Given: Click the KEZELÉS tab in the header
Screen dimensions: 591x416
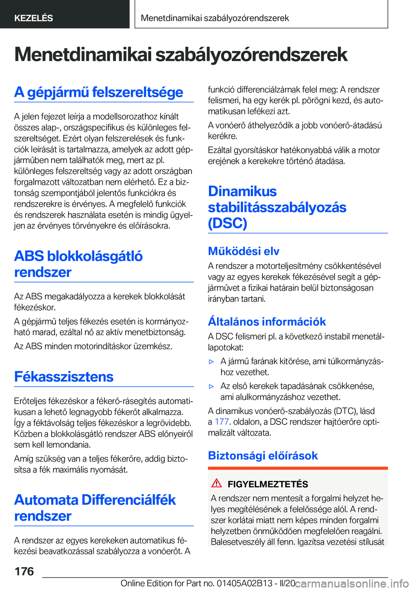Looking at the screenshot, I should (33, 18).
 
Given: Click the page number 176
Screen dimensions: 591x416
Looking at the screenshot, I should (24, 571).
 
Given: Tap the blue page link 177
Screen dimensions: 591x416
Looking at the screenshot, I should (221, 422).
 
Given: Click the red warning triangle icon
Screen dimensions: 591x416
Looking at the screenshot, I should (217, 483).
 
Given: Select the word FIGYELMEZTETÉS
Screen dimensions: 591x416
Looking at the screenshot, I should (268, 484).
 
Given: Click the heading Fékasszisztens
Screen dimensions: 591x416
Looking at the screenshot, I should (64, 377).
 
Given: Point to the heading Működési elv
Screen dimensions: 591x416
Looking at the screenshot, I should (244, 251).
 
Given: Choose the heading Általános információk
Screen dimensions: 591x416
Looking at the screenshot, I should (267, 322).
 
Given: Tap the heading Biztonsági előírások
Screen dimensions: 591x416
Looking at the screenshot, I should (263, 456).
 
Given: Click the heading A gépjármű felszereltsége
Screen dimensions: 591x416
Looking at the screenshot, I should (99, 92).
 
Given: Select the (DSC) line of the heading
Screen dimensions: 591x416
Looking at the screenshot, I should (227, 223).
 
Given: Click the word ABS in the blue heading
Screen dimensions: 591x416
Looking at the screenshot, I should (29, 256).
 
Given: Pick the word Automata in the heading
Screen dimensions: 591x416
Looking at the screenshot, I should (46, 500).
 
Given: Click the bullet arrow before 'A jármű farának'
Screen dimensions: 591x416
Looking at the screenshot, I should (211, 361).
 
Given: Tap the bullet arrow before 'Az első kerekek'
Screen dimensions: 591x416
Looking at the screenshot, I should (211, 386).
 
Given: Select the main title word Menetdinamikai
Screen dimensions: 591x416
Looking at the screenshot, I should (83, 55).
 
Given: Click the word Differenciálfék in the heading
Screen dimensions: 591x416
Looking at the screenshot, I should (129, 500).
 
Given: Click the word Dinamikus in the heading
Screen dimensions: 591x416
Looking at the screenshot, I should (242, 191).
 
